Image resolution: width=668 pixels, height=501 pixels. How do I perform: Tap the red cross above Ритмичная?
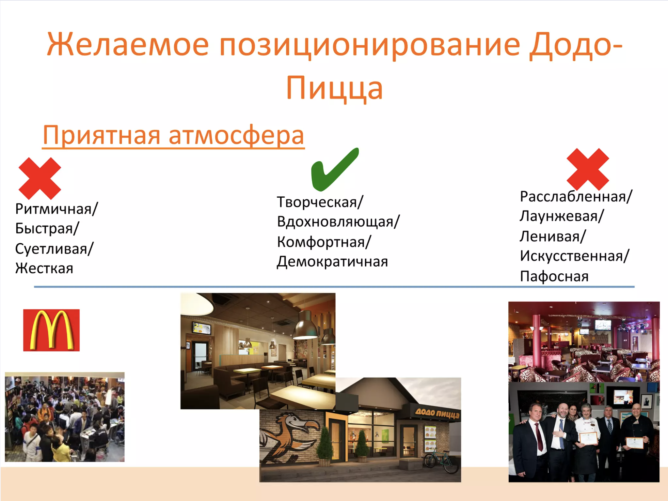(40, 178)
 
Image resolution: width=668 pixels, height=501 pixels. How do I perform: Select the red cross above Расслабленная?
(588, 169)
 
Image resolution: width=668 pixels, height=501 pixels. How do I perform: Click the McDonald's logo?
(51, 330)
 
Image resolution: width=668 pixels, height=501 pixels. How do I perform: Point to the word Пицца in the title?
(335, 88)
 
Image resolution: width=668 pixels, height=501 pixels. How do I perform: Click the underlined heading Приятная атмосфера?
(173, 135)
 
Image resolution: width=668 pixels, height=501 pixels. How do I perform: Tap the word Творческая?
(317, 202)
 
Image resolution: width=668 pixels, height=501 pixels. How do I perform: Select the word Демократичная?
(332, 262)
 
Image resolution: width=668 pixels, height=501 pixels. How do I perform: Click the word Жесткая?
(44, 269)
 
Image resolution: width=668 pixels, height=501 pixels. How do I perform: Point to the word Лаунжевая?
(559, 216)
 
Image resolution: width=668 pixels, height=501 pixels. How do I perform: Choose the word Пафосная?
(554, 276)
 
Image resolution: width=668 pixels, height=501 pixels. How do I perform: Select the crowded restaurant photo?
(65, 417)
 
